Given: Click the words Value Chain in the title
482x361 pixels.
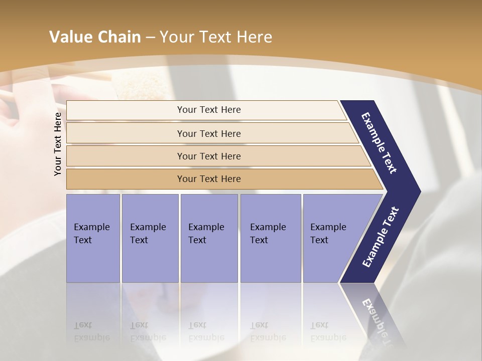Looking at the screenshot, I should click(x=95, y=37).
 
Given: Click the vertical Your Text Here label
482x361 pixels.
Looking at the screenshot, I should click(x=58, y=144).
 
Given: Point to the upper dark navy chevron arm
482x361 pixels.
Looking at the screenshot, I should click(x=380, y=143).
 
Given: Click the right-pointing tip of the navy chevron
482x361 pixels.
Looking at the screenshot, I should click(x=418, y=191).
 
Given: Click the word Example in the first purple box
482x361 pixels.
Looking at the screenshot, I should click(x=91, y=227).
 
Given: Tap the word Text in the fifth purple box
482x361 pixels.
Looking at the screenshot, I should click(x=319, y=240).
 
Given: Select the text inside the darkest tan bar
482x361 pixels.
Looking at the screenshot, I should click(x=209, y=179).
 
